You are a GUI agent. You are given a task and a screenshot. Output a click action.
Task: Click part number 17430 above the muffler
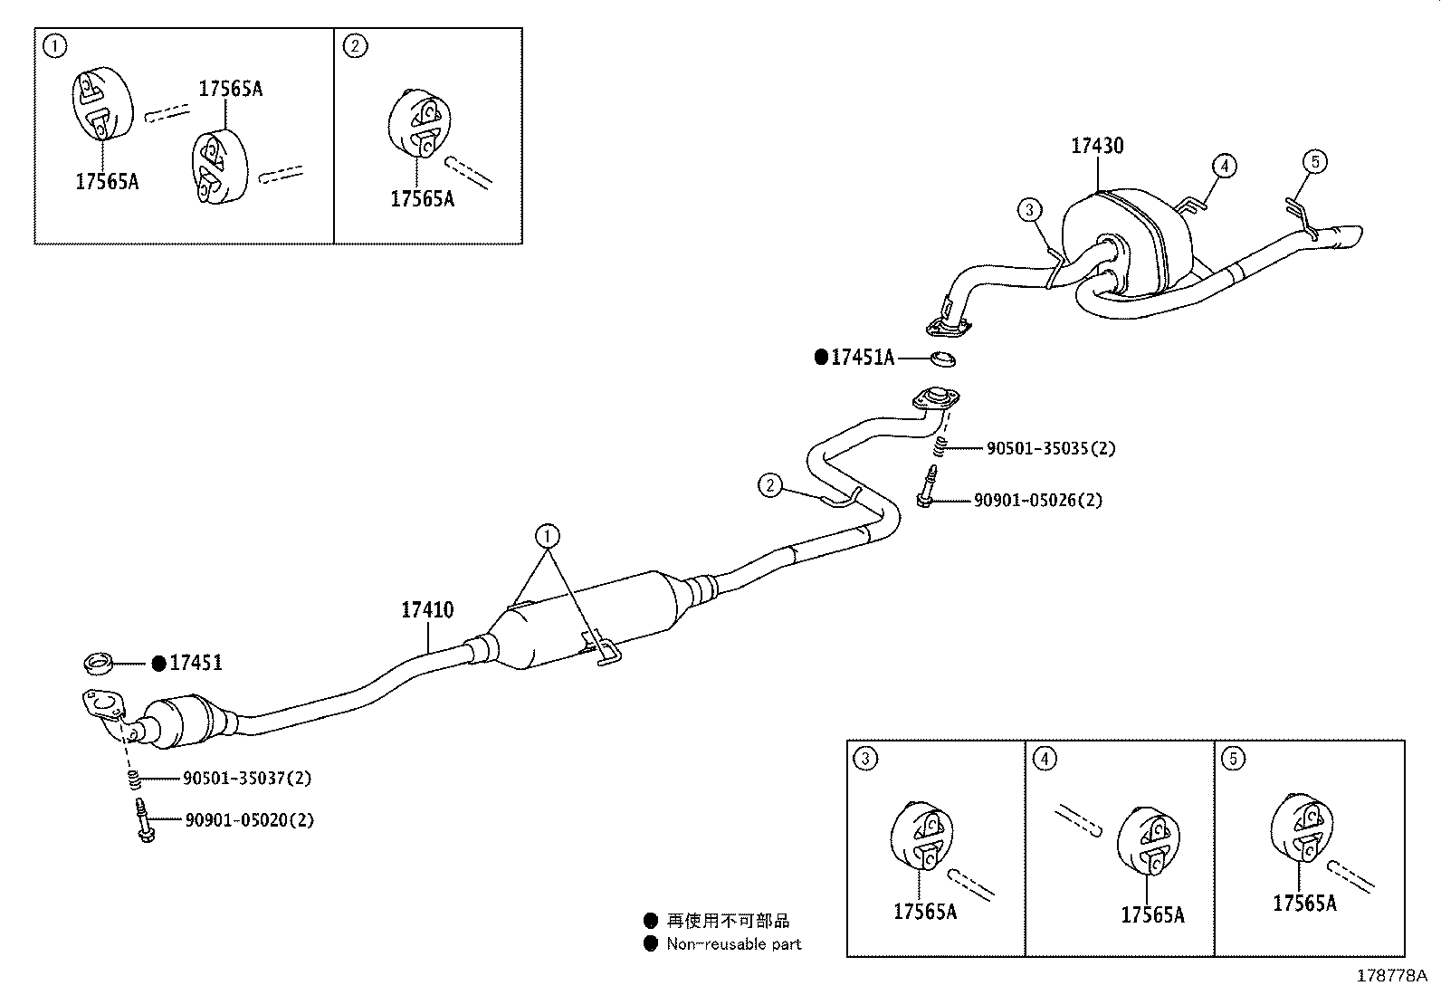click(x=1097, y=146)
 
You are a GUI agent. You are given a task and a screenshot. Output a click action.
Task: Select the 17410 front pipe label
click(x=427, y=610)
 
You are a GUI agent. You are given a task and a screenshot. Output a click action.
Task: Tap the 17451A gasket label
click(x=862, y=358)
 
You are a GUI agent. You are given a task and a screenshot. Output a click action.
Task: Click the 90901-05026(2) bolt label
click(x=1038, y=500)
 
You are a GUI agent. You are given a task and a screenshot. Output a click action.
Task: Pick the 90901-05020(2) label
click(x=249, y=820)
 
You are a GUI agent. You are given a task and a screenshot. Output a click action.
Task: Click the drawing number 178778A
click(x=1390, y=976)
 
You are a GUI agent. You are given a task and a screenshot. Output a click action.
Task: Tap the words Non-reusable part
click(x=733, y=944)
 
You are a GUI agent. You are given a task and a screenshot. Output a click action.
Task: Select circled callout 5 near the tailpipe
click(x=1315, y=162)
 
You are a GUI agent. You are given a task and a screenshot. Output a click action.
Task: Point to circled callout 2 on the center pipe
click(x=769, y=485)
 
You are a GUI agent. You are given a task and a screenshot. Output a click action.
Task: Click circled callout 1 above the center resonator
click(x=547, y=537)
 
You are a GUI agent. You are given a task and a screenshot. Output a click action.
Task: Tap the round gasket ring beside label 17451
click(x=99, y=664)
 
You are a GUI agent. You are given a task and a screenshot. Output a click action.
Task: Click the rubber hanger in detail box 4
click(x=1145, y=840)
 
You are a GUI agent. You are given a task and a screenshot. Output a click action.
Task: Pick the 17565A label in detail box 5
click(x=1303, y=903)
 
